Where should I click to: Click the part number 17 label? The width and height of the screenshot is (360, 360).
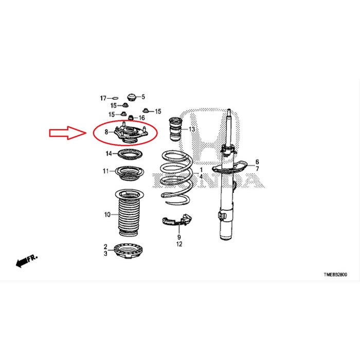click(103, 98)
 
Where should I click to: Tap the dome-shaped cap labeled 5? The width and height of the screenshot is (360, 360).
click(132, 97)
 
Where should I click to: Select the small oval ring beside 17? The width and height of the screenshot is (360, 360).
click(115, 99)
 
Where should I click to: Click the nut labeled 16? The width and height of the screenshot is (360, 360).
click(131, 118)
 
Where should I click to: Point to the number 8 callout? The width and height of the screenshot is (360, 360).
click(106, 132)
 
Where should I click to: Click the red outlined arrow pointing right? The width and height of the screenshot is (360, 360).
click(68, 133)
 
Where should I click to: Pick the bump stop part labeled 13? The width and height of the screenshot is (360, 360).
click(175, 129)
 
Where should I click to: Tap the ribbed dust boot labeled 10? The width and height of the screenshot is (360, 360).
click(130, 213)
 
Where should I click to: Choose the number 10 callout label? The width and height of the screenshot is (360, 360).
click(107, 214)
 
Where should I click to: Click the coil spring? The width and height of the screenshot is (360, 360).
click(176, 177)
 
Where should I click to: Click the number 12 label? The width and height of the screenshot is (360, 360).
click(179, 244)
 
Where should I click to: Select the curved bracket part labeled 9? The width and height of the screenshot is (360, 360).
click(177, 221)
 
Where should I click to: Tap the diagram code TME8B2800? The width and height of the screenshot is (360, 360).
click(335, 275)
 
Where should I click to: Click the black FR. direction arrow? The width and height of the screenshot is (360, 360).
click(26, 261)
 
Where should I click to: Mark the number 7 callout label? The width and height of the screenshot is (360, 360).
click(257, 169)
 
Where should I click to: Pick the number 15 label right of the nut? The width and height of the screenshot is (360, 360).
click(158, 112)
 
